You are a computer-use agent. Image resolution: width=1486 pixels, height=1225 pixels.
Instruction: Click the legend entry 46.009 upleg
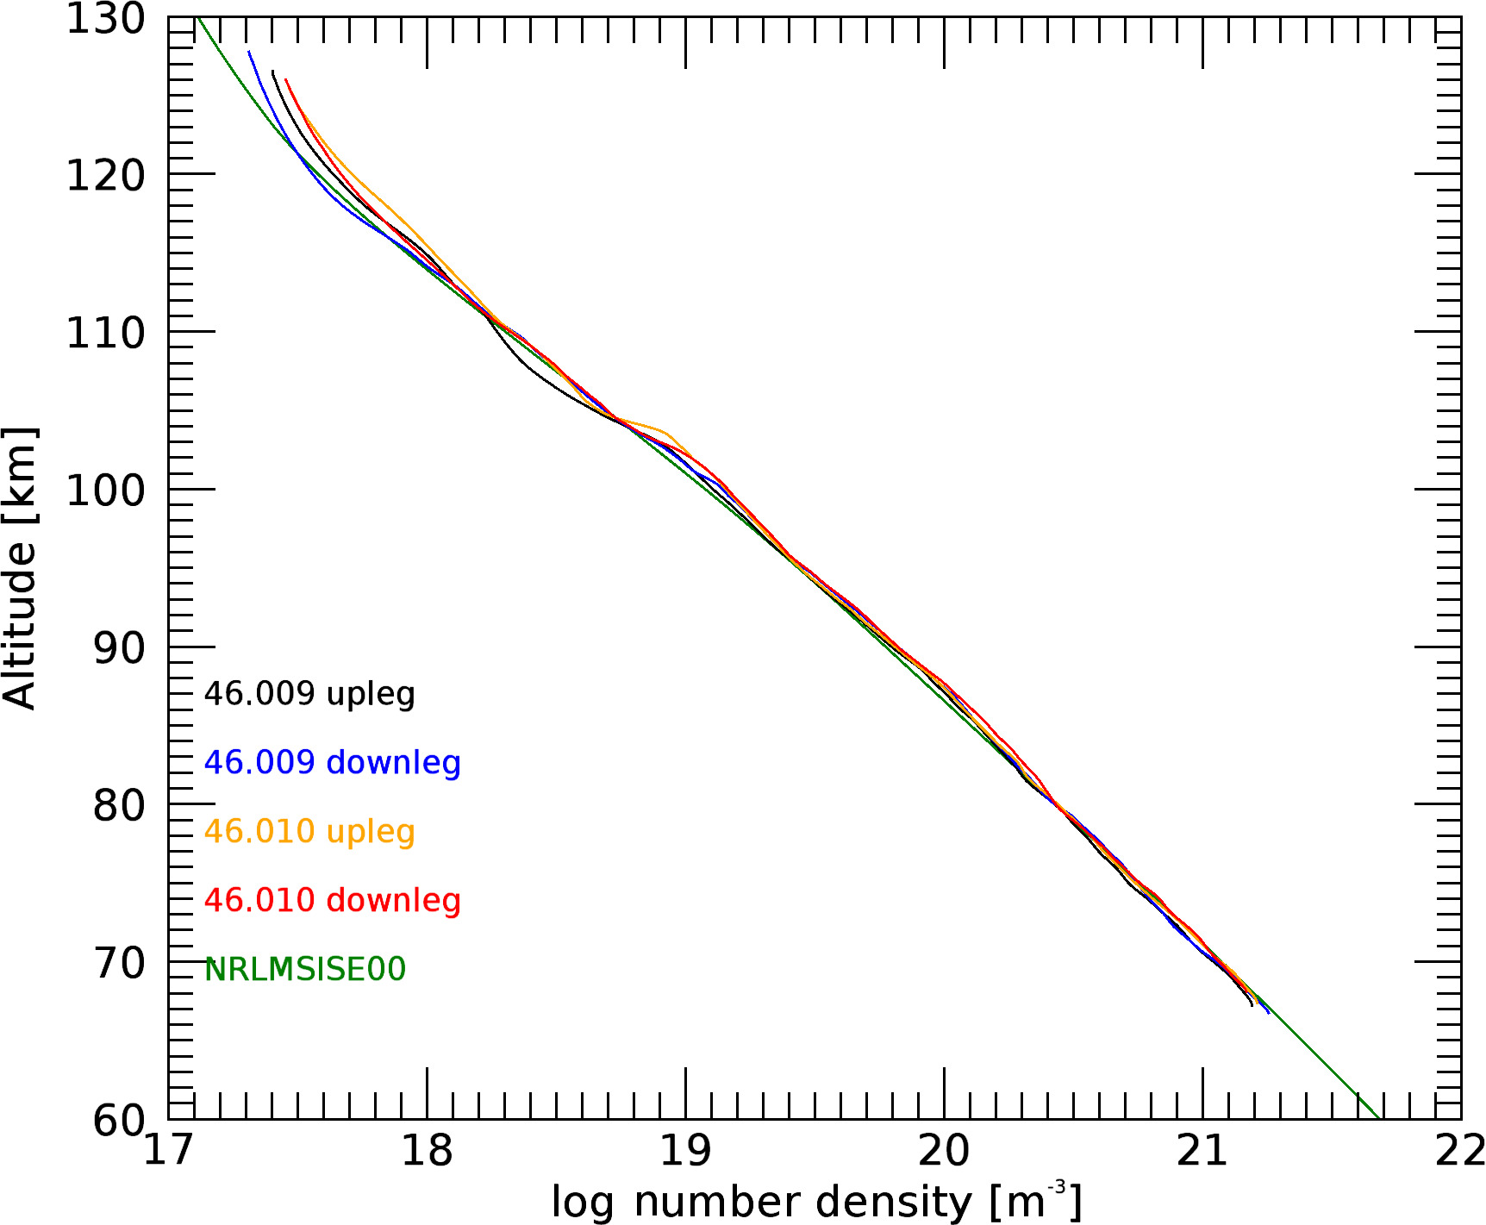point(309,694)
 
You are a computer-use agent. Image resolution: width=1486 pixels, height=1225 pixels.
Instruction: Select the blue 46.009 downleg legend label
point(332,763)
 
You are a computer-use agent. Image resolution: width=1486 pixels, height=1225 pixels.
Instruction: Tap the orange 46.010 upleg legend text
point(309,832)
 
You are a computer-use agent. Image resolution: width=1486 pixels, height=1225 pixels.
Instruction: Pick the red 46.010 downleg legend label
point(332,901)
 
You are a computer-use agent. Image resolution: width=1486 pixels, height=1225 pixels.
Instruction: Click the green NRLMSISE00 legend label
point(305,970)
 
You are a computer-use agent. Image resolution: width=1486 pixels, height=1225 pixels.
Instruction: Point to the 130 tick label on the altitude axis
point(106,19)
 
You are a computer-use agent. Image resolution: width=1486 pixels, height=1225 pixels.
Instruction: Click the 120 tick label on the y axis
point(106,176)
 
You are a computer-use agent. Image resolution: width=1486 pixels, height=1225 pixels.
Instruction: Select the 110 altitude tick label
point(106,333)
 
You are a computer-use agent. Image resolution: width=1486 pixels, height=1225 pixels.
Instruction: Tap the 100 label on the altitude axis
point(106,491)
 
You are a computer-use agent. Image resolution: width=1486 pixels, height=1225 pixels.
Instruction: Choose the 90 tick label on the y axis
point(119,648)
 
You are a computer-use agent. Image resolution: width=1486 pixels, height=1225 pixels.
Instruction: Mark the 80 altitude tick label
point(119,806)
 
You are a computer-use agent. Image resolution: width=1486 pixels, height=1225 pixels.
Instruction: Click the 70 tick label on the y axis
point(119,963)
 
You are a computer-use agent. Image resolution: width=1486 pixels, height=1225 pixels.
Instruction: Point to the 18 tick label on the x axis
point(428,1151)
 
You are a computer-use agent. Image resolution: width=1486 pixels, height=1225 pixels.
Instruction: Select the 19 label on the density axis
point(686,1151)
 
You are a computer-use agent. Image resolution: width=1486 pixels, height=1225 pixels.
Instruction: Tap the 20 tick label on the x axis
point(945,1151)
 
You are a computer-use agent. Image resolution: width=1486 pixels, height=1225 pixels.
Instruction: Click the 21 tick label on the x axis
point(1203,1151)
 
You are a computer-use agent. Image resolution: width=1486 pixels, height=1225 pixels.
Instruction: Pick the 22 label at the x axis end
point(1460,1151)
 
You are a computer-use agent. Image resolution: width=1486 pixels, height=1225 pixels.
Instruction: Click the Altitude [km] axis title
point(19,569)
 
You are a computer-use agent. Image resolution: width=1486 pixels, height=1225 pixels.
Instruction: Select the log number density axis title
point(815,1202)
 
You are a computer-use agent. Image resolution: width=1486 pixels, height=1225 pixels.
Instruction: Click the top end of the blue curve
point(249,53)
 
